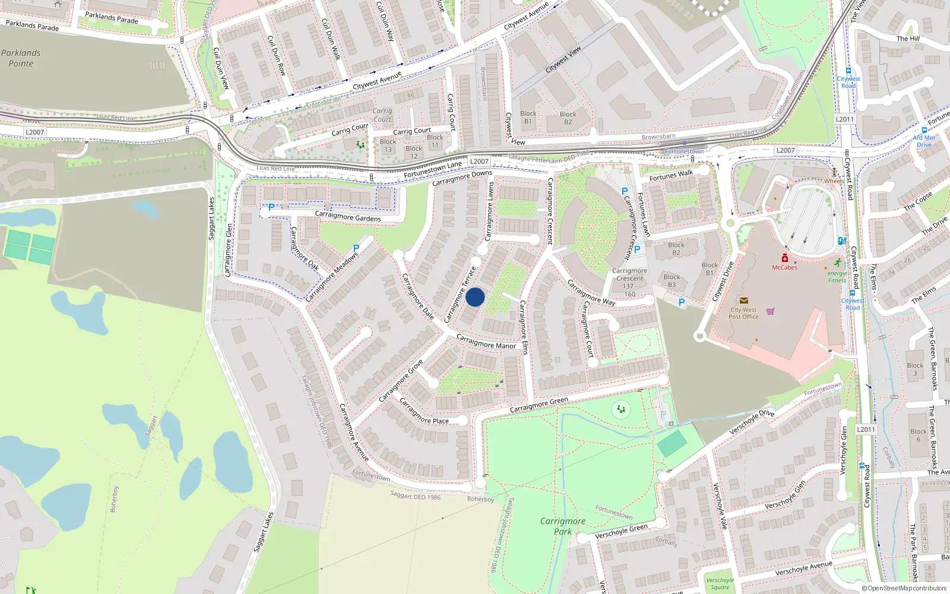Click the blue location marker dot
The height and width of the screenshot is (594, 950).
(475, 297)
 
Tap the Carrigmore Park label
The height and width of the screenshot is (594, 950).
(562, 526)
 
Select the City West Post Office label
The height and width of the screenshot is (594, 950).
(743, 313)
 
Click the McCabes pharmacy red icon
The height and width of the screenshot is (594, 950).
(785, 258)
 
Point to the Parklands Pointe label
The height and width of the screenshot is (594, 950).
(21, 58)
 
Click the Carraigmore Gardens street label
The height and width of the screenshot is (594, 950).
(348, 217)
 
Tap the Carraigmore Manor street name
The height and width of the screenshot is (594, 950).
(486, 342)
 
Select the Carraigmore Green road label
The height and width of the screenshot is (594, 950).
(539, 405)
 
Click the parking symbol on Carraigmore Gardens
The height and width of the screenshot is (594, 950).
(271, 207)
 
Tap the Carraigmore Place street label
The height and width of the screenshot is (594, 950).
(423, 412)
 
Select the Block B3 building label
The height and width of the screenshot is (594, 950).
(672, 280)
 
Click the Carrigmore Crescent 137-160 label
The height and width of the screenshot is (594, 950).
(630, 282)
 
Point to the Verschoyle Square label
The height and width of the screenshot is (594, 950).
(720, 584)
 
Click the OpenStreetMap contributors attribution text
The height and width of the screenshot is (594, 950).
(904, 588)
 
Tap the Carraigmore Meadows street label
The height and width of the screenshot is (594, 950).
(332, 277)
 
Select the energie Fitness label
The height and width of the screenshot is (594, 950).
(837, 277)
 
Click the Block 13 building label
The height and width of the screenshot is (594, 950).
(388, 146)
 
